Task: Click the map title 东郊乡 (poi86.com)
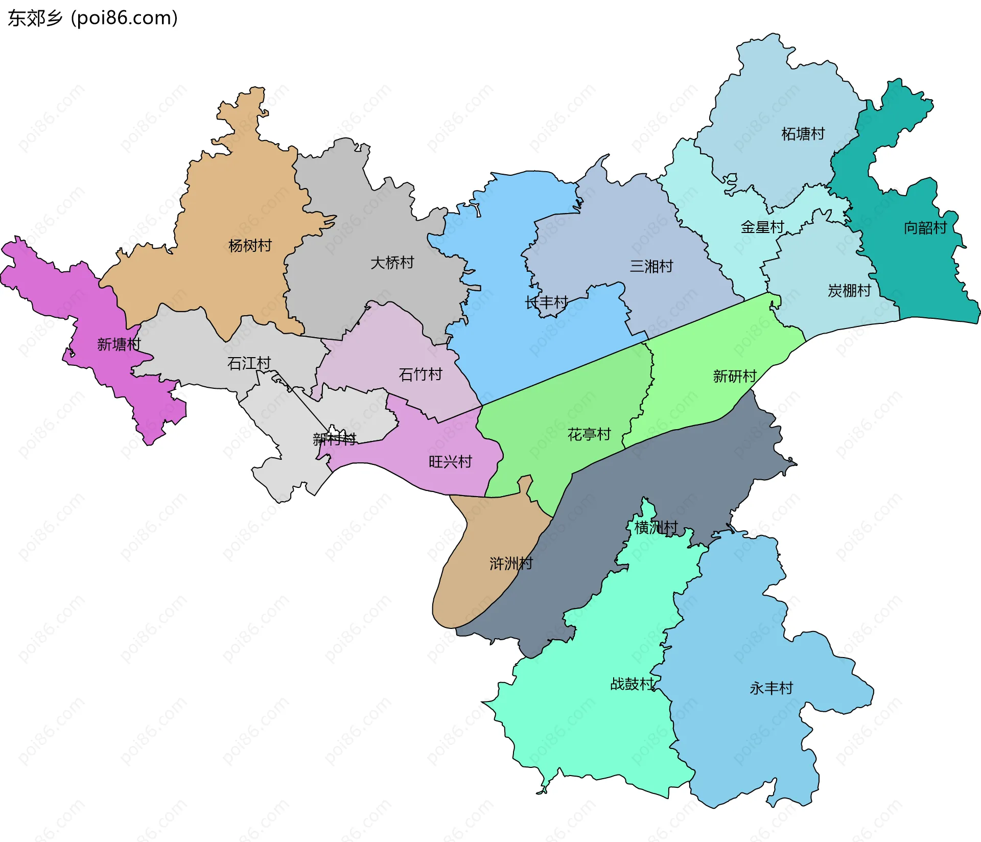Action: click(92, 18)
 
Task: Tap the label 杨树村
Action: click(250, 246)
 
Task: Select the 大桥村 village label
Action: click(392, 263)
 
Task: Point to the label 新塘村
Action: click(119, 344)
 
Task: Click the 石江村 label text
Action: click(249, 363)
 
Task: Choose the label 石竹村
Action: click(420, 375)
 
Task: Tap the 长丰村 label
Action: click(546, 302)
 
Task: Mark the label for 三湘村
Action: click(651, 266)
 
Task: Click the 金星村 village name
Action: click(762, 227)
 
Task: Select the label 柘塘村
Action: click(803, 134)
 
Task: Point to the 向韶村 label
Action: click(925, 228)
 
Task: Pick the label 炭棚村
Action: click(849, 291)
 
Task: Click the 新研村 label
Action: click(734, 377)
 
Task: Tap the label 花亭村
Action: click(589, 435)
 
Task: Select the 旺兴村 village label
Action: click(450, 462)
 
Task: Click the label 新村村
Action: click(334, 439)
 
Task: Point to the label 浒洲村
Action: click(511, 564)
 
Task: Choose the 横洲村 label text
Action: click(656, 527)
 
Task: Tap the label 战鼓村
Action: click(632, 684)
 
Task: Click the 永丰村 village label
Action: click(771, 688)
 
